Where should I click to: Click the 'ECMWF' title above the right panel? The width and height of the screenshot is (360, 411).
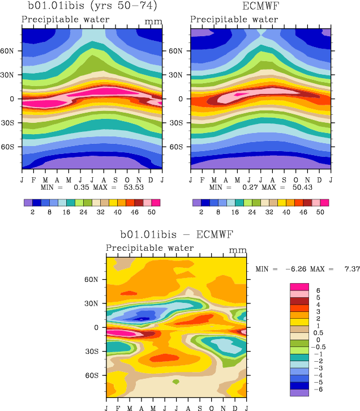coord(260,7)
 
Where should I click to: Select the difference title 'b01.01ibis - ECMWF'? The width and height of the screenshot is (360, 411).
coord(177,234)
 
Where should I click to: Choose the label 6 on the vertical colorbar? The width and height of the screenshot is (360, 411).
coord(318,290)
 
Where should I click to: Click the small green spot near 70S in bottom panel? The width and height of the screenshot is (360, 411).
coord(176,382)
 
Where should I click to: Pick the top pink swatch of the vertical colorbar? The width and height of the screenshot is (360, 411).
coord(298,286)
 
